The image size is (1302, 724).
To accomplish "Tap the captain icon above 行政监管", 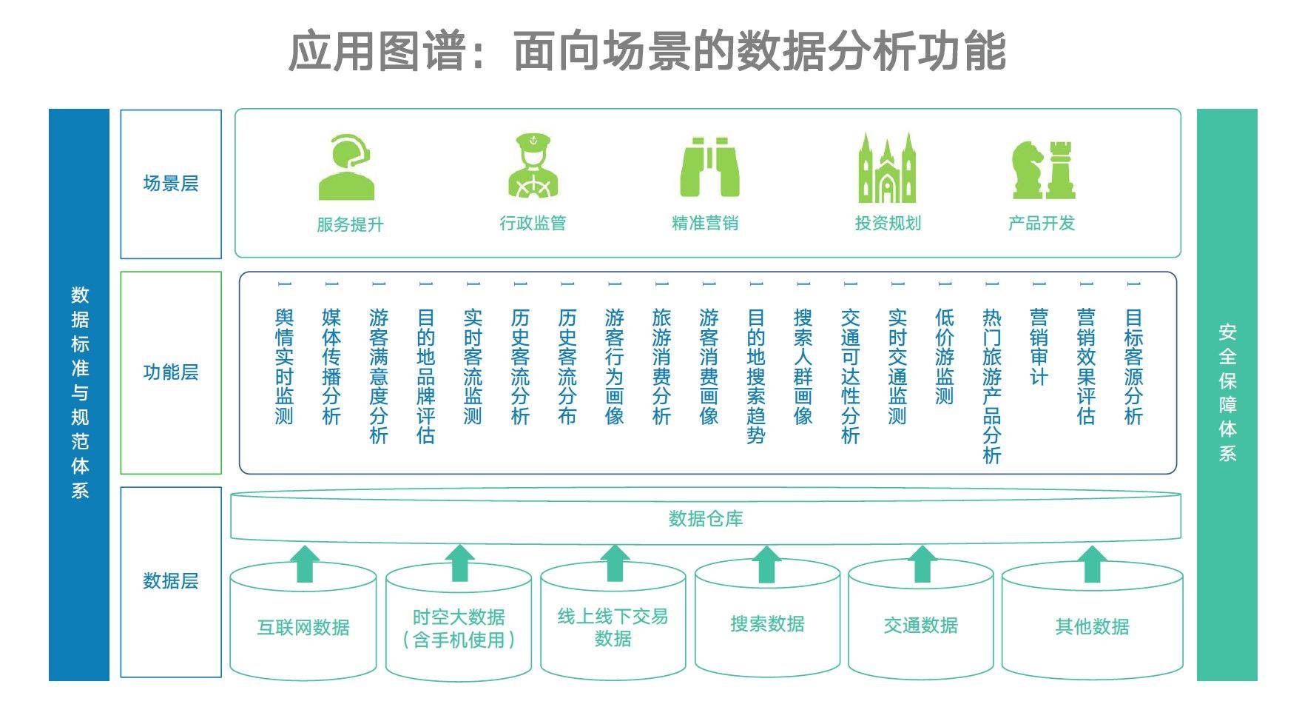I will pos(533,166).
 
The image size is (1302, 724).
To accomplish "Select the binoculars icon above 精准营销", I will pos(709,167).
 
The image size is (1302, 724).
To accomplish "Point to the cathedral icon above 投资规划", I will pos(886,168).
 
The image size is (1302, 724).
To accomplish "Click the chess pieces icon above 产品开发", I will pos(1043,170).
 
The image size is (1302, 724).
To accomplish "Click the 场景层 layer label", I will pos(171,184).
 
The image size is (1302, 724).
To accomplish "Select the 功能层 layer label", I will pos(171,372).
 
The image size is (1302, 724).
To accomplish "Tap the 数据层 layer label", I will pos(171,581).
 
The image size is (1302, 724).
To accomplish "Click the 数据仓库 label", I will pos(706,519).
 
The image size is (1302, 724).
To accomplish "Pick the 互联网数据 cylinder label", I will pos(303,628).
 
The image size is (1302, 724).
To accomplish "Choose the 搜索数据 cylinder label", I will pos(767,624).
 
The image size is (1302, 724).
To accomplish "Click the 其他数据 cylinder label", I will pos(1092,627).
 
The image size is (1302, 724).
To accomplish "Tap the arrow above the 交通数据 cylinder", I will pos(922,564).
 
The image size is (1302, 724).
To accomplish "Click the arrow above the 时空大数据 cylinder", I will pos(459,564).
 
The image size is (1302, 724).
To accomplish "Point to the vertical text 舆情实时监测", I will pos(284,366).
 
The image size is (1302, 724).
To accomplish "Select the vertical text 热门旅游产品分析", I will pos(992,386).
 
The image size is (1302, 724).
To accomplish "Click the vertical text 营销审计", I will pos(1039,347).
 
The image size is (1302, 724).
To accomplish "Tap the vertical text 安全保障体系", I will pos(1227,393).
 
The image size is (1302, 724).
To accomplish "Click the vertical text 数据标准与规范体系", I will pos(80,393).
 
